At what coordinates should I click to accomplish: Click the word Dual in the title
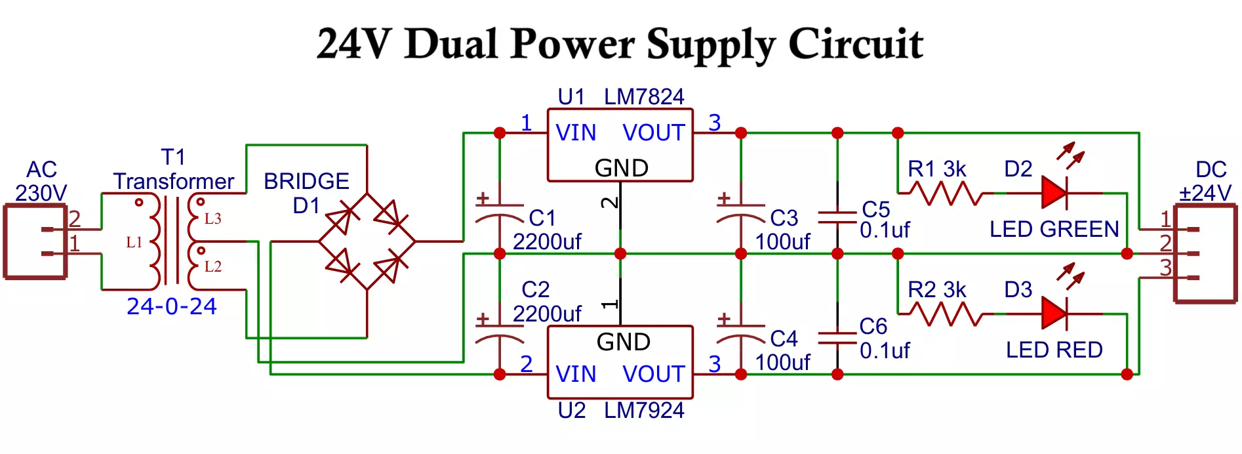pyautogui.click(x=451, y=45)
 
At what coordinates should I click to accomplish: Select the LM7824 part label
pyautogui.click(x=643, y=97)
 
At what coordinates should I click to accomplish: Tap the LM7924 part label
pyautogui.click(x=643, y=411)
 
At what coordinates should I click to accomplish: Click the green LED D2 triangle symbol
pyautogui.click(x=1054, y=194)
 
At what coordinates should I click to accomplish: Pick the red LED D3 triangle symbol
pyautogui.click(x=1054, y=314)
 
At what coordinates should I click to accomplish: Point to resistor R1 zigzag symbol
pyautogui.click(x=944, y=194)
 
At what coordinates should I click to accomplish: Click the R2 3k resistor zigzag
pyautogui.click(x=944, y=314)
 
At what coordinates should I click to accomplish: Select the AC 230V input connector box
pyautogui.click(x=36, y=241)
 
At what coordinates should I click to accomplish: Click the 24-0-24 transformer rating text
pyautogui.click(x=171, y=306)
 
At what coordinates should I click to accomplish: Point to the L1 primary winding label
pyautogui.click(x=134, y=243)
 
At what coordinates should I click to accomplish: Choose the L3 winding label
pyautogui.click(x=212, y=218)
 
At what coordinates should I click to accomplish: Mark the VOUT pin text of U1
pyautogui.click(x=653, y=133)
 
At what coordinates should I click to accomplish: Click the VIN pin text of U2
pyautogui.click(x=576, y=375)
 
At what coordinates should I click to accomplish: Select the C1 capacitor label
pyautogui.click(x=542, y=218)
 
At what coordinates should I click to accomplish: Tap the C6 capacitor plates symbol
pyautogui.click(x=837, y=338)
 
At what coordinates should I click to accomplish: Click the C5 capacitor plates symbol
pyautogui.click(x=837, y=217)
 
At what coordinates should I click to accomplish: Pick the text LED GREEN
pyautogui.click(x=1054, y=230)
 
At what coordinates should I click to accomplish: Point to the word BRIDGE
pyautogui.click(x=306, y=181)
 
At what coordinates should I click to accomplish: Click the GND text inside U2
pyautogui.click(x=623, y=342)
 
